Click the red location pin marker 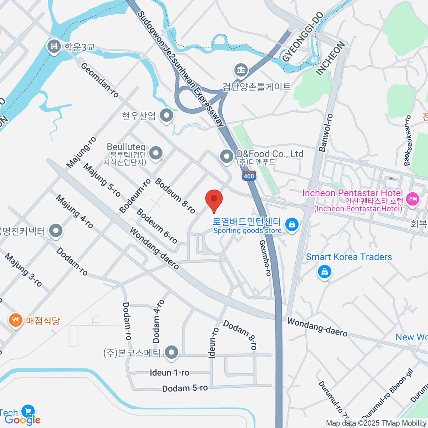[x=214, y=199]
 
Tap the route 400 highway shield [x=249, y=175]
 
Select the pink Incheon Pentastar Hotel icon [x=413, y=198]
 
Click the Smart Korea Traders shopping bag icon [x=325, y=272]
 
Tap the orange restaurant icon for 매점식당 [x=15, y=320]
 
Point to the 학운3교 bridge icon [x=54, y=46]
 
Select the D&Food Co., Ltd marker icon [x=226, y=156]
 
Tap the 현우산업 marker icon [x=166, y=116]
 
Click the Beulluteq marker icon [x=156, y=153]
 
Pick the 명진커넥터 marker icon [x=56, y=231]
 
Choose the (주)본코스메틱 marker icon [x=172, y=353]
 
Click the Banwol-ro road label [x=326, y=133]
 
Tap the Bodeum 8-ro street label [x=175, y=196]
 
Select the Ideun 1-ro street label [x=169, y=373]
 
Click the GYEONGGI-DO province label [x=303, y=37]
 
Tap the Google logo [x=23, y=420]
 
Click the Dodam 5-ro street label [x=185, y=388]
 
